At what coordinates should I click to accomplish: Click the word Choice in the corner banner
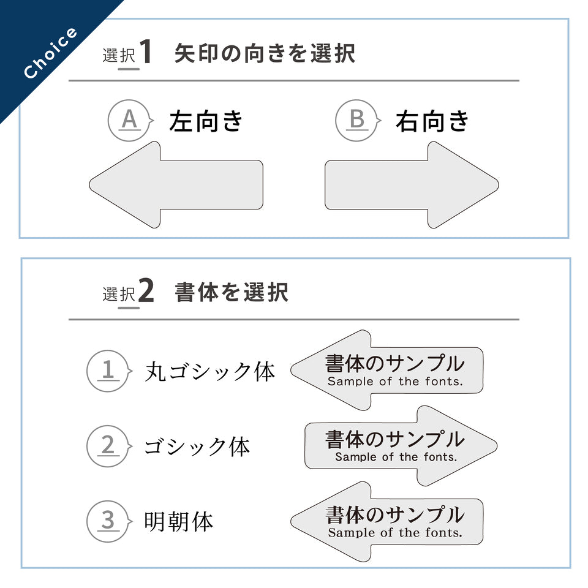pyautogui.click(x=51, y=53)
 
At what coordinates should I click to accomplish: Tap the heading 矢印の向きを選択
pyautogui.click(x=265, y=54)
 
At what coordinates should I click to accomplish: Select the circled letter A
pyautogui.click(x=129, y=120)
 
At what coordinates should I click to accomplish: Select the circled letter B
pyautogui.click(x=356, y=120)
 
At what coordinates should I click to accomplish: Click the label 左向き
pyautogui.click(x=206, y=121)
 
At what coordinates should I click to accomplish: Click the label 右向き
pyautogui.click(x=432, y=121)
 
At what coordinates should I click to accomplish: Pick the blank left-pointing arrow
pyautogui.click(x=178, y=185)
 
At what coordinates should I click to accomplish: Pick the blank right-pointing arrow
pyautogui.click(x=410, y=185)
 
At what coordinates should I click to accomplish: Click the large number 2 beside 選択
pyautogui.click(x=146, y=292)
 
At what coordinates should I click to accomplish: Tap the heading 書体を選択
pyautogui.click(x=232, y=293)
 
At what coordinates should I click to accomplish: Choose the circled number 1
pyautogui.click(x=108, y=370)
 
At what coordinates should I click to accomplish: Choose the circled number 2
pyautogui.click(x=108, y=446)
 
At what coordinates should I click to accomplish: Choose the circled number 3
pyautogui.click(x=108, y=521)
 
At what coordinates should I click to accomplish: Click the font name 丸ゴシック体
pyautogui.click(x=209, y=371)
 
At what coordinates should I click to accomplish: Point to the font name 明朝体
pyautogui.click(x=178, y=522)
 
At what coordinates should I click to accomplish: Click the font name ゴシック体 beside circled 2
pyautogui.click(x=197, y=447)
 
